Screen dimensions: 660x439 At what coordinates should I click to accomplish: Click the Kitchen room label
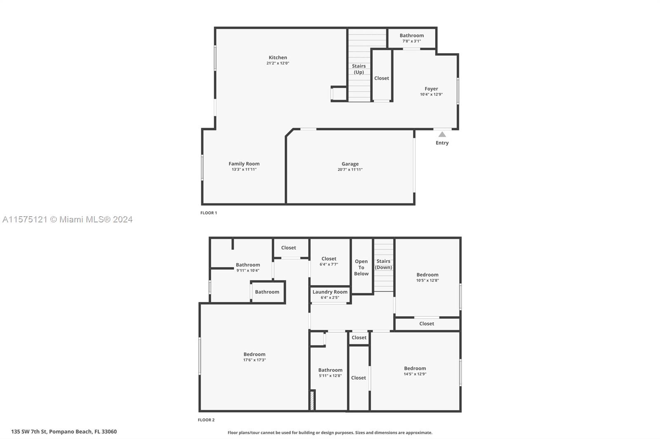[x=278, y=57]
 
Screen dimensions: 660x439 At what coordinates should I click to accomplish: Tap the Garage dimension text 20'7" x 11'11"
[x=350, y=170]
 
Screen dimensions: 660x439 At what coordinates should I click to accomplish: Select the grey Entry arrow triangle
[x=442, y=135]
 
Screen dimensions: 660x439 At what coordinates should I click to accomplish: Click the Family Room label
[x=244, y=163]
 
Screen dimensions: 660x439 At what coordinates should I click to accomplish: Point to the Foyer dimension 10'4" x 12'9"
[x=431, y=94]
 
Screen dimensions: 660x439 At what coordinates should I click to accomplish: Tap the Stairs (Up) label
[x=358, y=69]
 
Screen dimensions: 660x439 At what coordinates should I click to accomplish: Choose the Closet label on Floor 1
[x=382, y=78]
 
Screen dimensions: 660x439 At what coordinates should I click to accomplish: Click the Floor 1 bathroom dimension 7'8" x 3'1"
[x=412, y=41]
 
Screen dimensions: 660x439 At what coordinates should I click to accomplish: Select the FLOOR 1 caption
[x=209, y=213]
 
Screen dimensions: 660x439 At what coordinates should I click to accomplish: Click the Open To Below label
[x=361, y=267]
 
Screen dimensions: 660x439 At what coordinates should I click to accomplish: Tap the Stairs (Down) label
[x=383, y=264]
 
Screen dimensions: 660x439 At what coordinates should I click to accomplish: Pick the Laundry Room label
[x=330, y=292]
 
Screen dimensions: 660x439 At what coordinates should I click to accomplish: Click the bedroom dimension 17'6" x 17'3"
[x=255, y=360]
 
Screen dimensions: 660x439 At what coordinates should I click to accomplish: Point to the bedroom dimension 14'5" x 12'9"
[x=415, y=374]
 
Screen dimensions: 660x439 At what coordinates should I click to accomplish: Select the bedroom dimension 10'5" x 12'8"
[x=427, y=280]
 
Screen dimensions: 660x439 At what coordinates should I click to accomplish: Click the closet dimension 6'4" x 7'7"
[x=329, y=264]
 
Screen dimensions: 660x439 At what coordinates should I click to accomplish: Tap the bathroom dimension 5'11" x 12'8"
[x=330, y=376]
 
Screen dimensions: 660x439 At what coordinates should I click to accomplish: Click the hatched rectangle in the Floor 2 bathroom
[x=312, y=400]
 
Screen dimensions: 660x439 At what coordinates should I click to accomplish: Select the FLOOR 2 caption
[x=206, y=420]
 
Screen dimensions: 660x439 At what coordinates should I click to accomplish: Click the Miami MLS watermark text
[x=68, y=219]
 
